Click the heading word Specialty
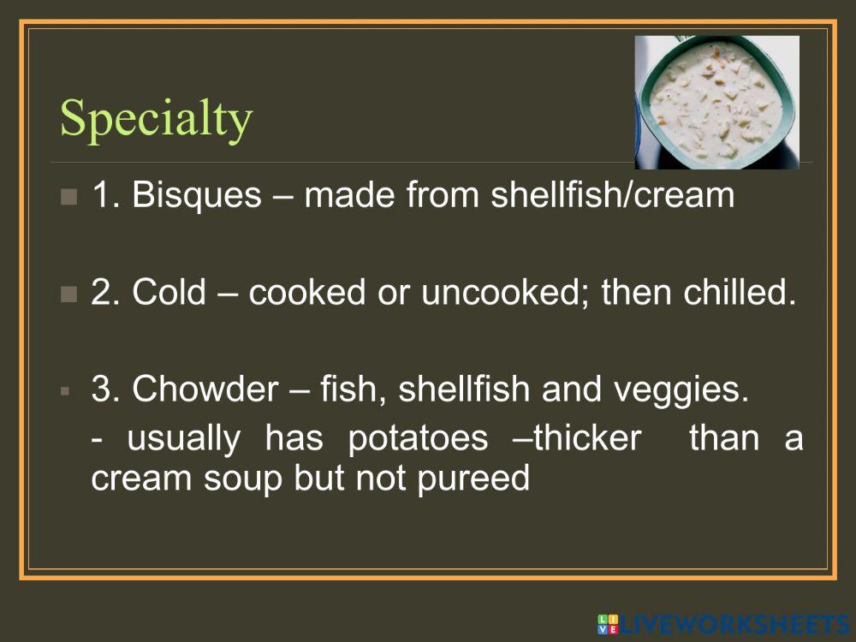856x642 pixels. pyautogui.click(x=157, y=119)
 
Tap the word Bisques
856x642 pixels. pyautogui.click(x=197, y=195)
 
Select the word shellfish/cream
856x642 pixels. pyautogui.click(x=613, y=195)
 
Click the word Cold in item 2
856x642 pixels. pyautogui.click(x=169, y=294)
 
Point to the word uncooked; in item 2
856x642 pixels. pyautogui.click(x=490, y=294)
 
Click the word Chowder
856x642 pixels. pyautogui.click(x=205, y=390)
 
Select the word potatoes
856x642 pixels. pyautogui.click(x=418, y=438)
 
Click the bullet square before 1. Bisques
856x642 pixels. pyautogui.click(x=69, y=197)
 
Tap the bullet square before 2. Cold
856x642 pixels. pyautogui.click(x=69, y=295)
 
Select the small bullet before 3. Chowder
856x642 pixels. pyautogui.click(x=65, y=391)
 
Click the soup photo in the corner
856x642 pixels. pyautogui.click(x=716, y=102)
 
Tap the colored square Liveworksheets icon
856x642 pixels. pyautogui.click(x=607, y=624)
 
